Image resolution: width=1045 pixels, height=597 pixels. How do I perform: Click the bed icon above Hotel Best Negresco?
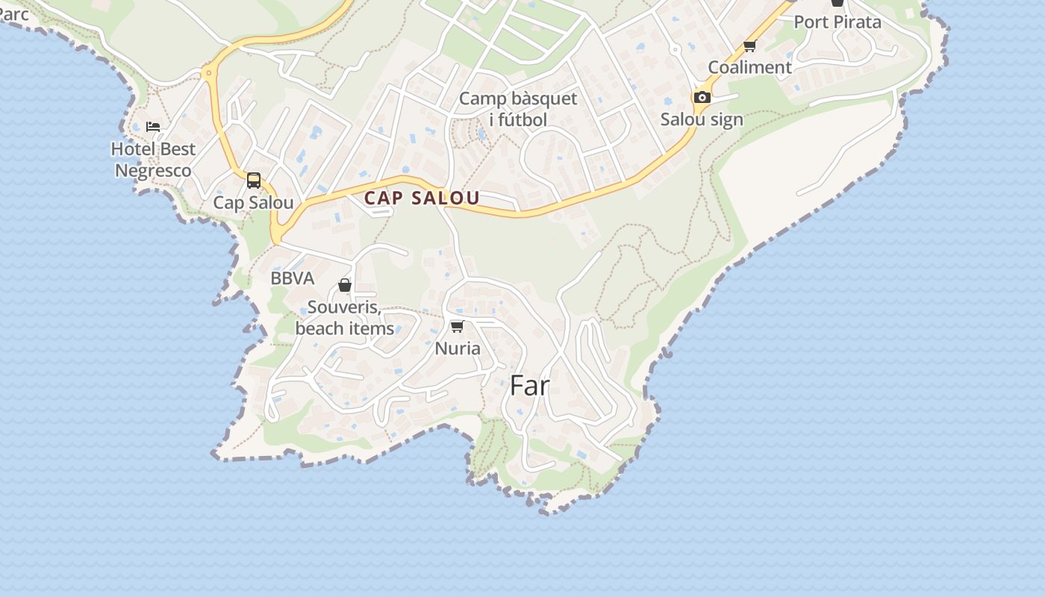coord(153,127)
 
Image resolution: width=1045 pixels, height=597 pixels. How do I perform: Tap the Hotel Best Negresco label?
coord(153,160)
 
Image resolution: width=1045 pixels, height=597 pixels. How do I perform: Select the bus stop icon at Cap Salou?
coord(254,181)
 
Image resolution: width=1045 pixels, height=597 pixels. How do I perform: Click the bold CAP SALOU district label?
coord(422,198)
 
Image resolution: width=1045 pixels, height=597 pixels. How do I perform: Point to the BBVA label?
coord(293,278)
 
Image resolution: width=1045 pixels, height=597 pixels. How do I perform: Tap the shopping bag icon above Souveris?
coord(345,285)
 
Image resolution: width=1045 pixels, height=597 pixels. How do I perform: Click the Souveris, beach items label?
coord(345,318)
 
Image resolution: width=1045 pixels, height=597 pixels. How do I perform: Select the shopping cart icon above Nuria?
coord(458,326)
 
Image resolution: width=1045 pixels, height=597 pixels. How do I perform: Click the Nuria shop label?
coord(458,348)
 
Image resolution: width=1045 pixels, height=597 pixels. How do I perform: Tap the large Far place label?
coord(530,386)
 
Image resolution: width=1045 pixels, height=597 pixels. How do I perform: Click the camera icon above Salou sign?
coord(702,97)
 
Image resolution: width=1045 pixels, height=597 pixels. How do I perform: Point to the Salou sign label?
coord(702,119)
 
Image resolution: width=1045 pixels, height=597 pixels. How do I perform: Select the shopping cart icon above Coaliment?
coord(750,46)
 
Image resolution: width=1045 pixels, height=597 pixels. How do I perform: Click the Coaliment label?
coord(749,67)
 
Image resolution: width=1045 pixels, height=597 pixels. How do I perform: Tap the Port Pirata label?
coord(837,22)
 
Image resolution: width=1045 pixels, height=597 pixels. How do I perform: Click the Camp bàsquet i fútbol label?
coord(518,109)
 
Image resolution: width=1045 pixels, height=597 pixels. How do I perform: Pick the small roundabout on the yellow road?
coord(208,72)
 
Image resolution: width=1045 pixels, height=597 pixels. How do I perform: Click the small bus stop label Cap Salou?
coord(254,203)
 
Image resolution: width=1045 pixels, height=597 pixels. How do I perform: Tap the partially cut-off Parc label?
coord(13,13)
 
